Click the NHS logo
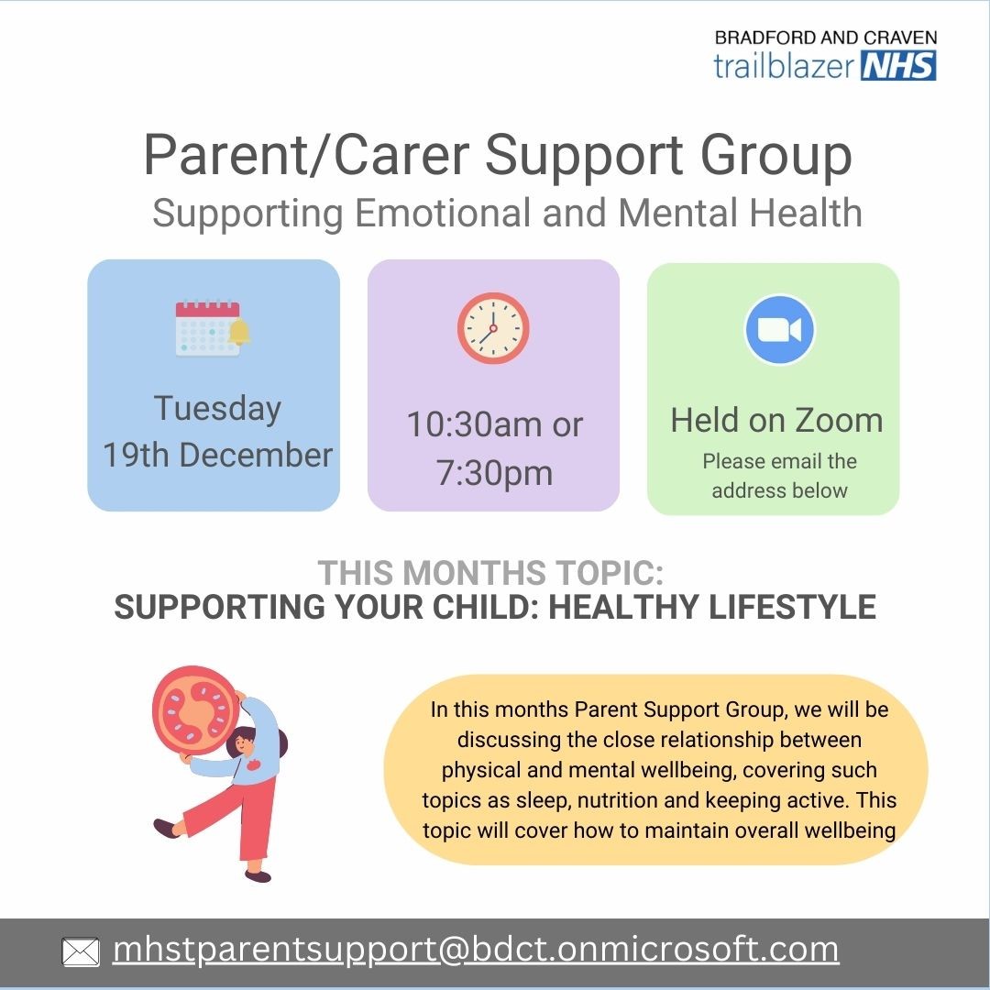898,65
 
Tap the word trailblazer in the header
784,65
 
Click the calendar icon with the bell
212,328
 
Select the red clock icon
493,328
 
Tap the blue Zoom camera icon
780,330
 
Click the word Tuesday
217,409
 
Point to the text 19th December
217,455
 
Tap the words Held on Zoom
776,420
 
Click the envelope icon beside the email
81,952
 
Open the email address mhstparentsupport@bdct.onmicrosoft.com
476,950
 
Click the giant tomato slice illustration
196,710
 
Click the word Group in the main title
776,156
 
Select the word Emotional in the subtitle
442,213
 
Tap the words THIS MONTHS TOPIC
490,573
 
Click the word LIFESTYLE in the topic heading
792,607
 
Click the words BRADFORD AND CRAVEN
826,38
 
